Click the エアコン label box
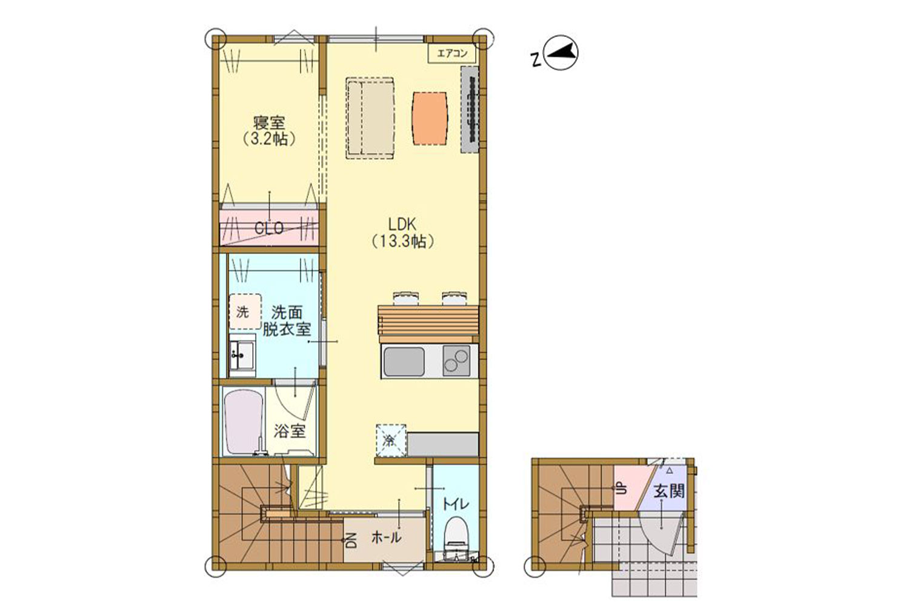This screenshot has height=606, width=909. (451, 53)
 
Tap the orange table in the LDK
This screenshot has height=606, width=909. (430, 118)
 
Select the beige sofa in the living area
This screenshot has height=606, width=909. (370, 118)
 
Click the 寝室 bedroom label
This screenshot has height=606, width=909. (269, 122)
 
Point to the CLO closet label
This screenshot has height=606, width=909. (268, 228)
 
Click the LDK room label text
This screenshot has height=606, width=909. (402, 224)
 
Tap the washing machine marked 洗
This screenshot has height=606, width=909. (245, 311)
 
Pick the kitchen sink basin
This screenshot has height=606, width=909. (404, 361)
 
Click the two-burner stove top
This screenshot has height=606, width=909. (456, 361)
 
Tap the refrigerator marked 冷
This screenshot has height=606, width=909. (390, 441)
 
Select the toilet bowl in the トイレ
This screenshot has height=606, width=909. (457, 534)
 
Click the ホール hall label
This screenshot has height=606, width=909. (387, 538)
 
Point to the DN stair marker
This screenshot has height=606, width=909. (351, 540)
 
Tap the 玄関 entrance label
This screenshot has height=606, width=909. (669, 491)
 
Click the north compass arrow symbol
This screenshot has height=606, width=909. (561, 54)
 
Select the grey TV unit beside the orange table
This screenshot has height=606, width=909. (470, 110)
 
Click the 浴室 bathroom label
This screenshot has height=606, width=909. (289, 431)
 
